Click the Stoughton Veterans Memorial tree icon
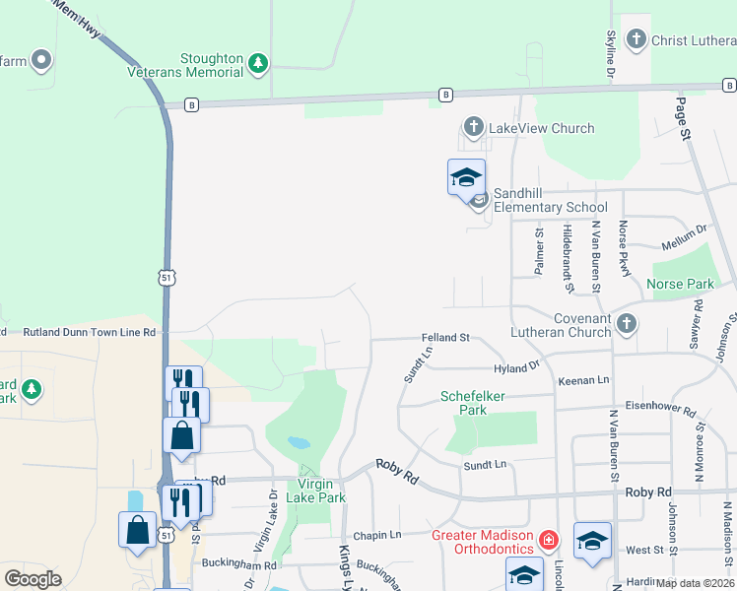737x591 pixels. [258, 63]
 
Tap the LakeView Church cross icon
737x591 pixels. [474, 128]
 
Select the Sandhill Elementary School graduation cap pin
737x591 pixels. [466, 178]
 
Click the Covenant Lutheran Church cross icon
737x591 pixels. [625, 323]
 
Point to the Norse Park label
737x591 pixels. [679, 285]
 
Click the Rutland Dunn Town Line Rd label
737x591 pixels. [90, 333]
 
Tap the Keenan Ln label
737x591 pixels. [584, 380]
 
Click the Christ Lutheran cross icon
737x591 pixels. [636, 39]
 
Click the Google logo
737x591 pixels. [33, 579]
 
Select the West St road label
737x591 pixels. [645, 550]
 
